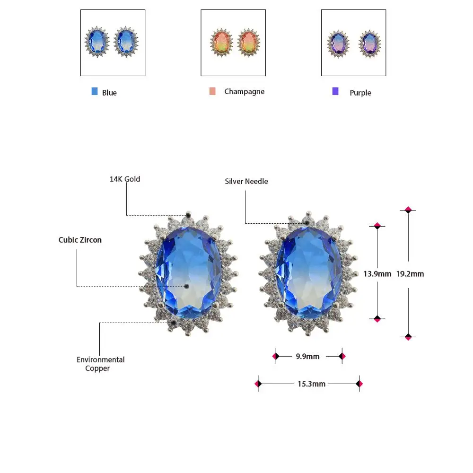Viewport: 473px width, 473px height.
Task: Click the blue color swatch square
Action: pos(95,91)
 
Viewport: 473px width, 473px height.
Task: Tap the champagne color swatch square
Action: pos(212,91)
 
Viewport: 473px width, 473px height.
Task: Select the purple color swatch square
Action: pos(335,91)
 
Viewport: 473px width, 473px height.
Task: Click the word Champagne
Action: pos(245,91)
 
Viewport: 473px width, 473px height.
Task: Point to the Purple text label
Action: pos(360,93)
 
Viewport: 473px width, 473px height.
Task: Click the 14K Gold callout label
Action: pos(125,179)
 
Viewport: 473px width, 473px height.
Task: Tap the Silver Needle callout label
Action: pos(246,181)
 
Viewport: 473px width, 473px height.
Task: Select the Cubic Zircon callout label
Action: pos(80,240)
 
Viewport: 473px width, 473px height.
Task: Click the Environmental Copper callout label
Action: pos(100,364)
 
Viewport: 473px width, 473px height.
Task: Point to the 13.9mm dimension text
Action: pos(377,274)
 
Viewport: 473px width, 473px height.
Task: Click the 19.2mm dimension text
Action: pos(410,274)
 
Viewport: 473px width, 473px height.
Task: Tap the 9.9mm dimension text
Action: pos(307,356)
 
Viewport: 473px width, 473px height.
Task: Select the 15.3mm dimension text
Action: pos(311,384)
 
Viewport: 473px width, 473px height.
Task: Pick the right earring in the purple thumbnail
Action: pos(370,44)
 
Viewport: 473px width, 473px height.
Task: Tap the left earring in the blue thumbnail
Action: pos(96,42)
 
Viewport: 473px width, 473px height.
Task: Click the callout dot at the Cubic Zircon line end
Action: pos(187,286)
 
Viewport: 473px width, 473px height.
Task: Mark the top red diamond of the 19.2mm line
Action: pos(408,210)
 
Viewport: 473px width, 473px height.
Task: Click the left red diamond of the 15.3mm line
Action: pos(258,384)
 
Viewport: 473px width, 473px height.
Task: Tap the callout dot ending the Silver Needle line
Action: pos(307,223)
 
